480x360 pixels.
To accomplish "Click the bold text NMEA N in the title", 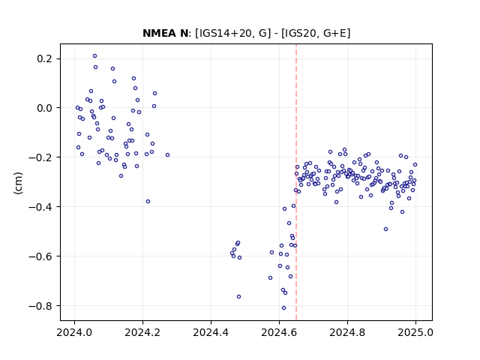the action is (165, 33).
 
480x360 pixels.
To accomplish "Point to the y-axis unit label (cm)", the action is (18, 183).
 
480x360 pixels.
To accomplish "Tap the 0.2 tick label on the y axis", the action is (45, 58).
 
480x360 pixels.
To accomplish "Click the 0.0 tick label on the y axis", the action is (45, 108).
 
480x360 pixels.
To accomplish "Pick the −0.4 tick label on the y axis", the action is (40, 207).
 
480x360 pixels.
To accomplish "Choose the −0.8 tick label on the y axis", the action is (40, 306).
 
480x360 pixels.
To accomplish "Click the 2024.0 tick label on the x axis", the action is (74, 332).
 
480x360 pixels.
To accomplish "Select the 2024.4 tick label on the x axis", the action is (211, 332).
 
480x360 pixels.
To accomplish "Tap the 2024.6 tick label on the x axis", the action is (279, 332).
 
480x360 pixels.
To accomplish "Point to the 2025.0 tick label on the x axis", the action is (415, 332).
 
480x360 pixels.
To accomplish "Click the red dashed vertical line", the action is (296, 182).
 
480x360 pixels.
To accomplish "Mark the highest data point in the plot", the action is (95, 56).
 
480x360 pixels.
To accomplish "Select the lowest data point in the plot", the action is (283, 308).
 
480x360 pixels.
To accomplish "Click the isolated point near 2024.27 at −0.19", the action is (167, 155).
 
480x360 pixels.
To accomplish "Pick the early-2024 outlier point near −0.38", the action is (148, 202).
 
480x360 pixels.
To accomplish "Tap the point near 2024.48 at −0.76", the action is (238, 297).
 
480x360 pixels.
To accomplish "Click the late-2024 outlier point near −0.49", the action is (385, 229).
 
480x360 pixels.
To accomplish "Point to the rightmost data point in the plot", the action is (415, 165).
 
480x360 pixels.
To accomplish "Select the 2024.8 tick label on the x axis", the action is (347, 332).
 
